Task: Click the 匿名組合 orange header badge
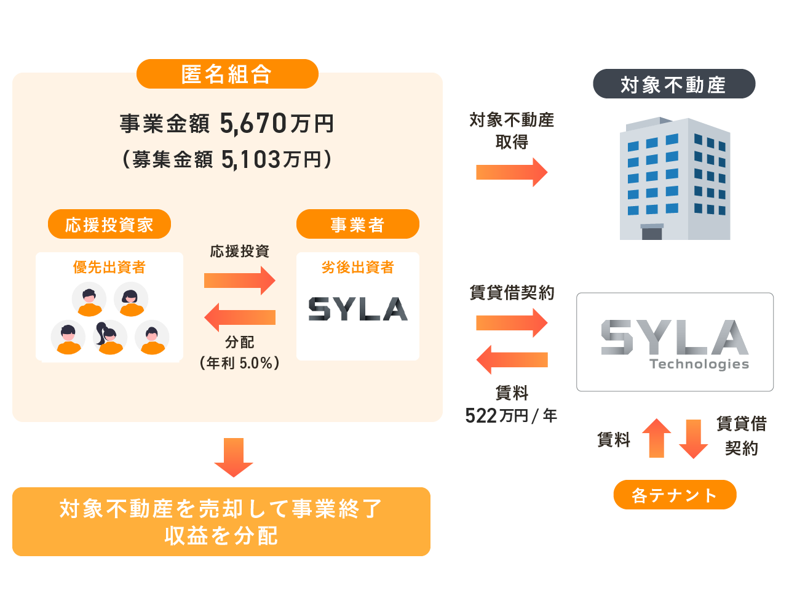tap(227, 74)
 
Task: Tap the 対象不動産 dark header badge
tap(673, 84)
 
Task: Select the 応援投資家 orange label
tap(109, 225)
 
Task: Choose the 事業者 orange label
tap(357, 225)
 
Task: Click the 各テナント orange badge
tap(675, 495)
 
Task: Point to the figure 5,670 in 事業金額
tap(253, 124)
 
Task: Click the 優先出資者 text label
tap(109, 267)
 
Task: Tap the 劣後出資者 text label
tap(357, 267)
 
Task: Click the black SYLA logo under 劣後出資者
tap(357, 309)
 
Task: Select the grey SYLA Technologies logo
tap(675, 343)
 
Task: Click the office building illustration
tap(675, 178)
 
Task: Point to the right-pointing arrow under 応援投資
tap(239, 281)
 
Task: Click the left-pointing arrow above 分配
tap(239, 317)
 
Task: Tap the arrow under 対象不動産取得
tap(511, 172)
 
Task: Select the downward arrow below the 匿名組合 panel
tap(234, 457)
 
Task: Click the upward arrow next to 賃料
tap(656, 439)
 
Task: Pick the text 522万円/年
tap(511, 416)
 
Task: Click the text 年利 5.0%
tap(240, 363)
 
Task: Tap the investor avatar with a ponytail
tap(109, 337)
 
